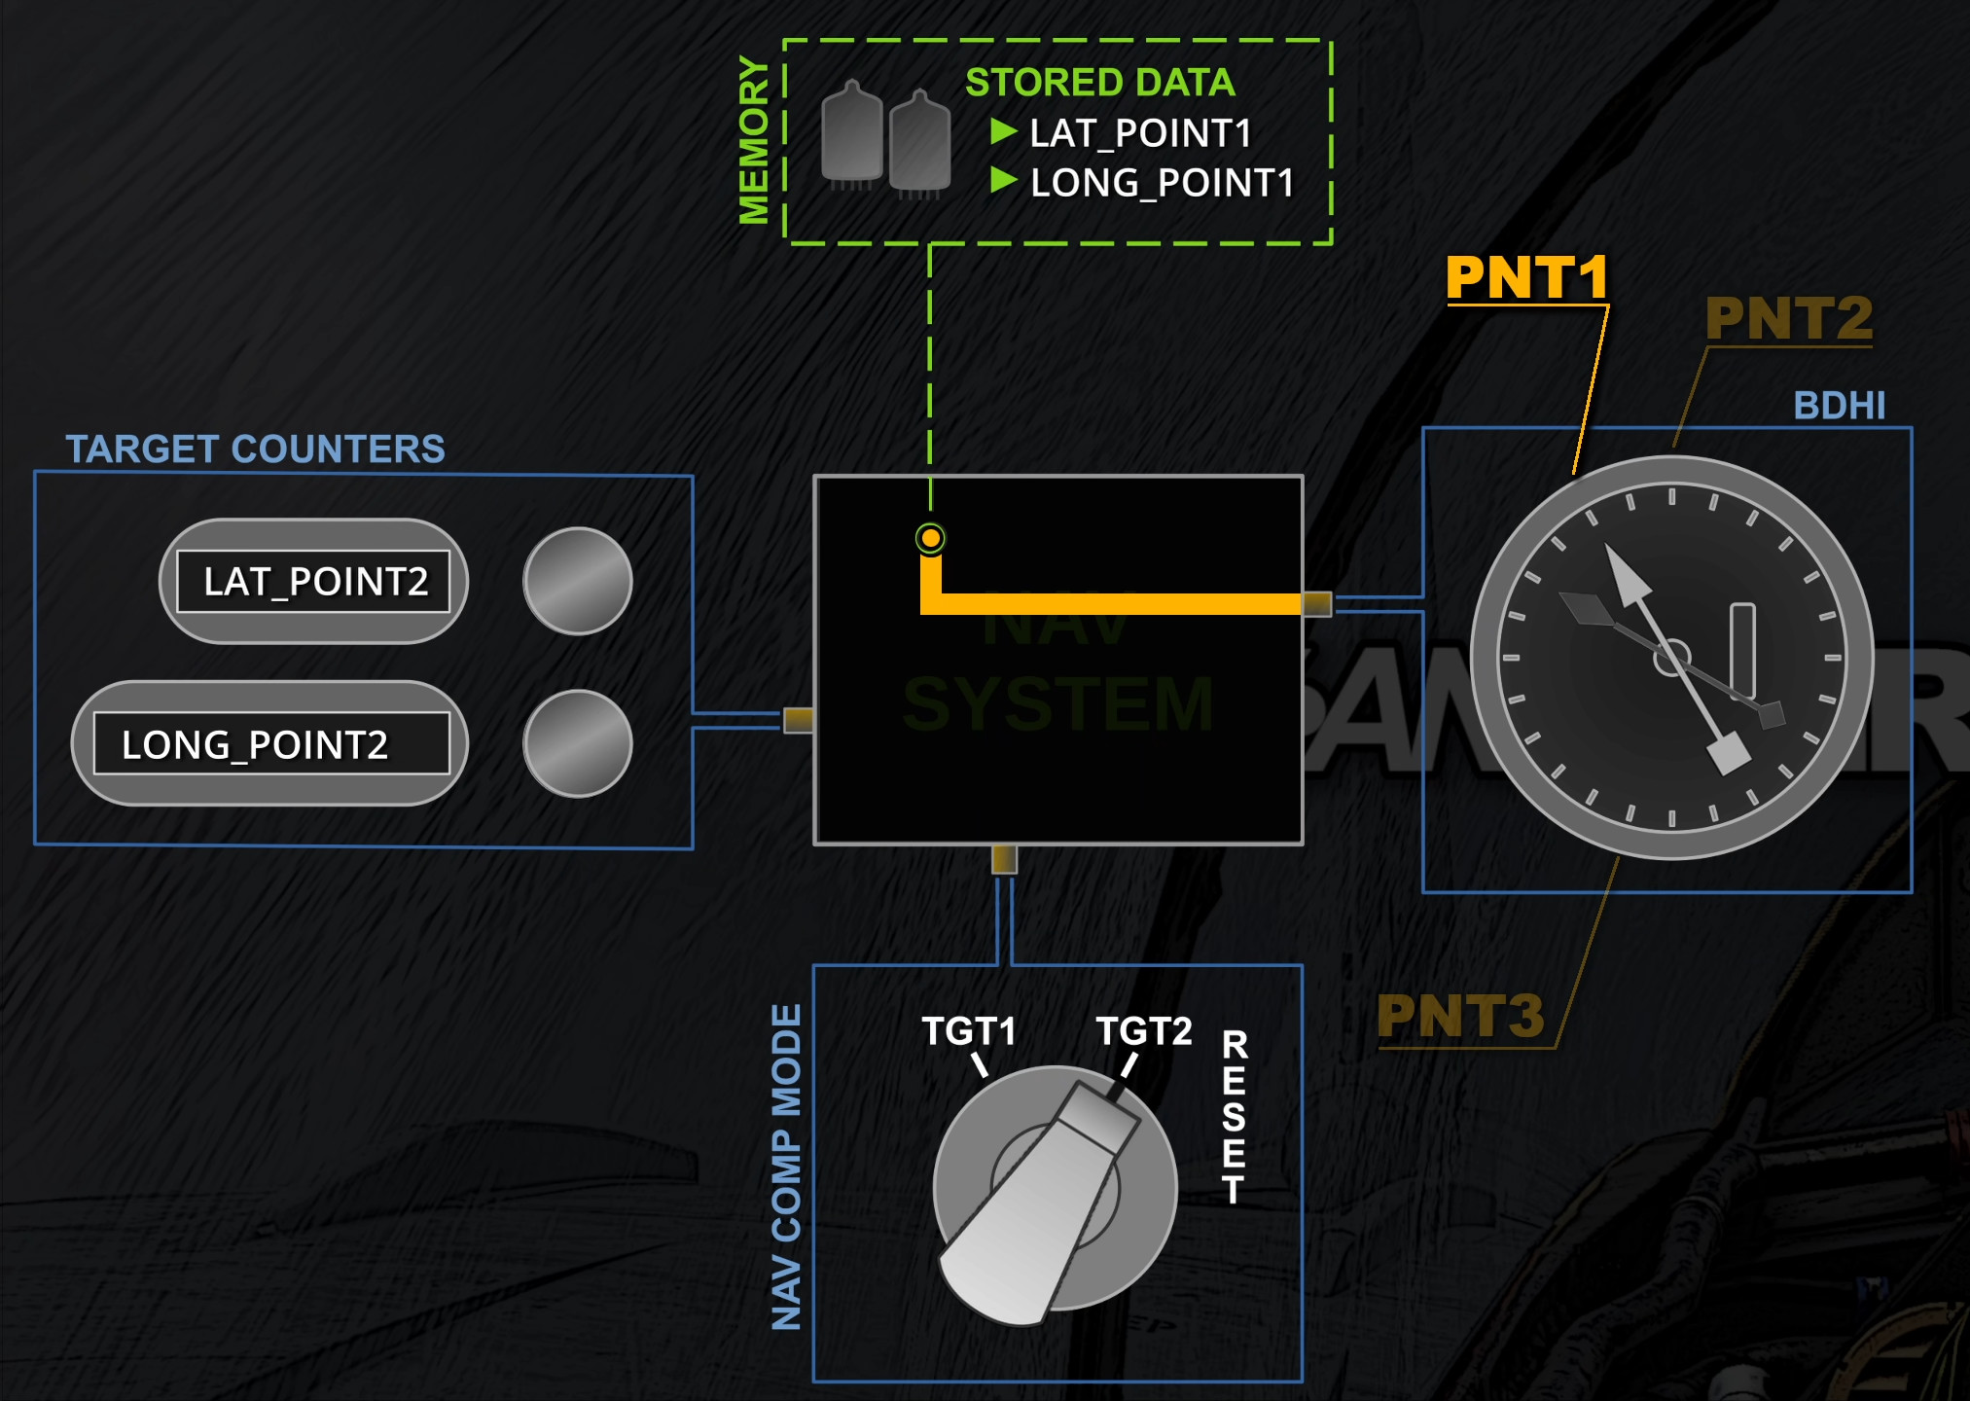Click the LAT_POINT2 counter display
313,582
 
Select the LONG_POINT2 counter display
271,744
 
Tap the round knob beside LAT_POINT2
578,582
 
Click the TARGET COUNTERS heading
255,449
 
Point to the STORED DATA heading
1099,83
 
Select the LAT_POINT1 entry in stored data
1140,133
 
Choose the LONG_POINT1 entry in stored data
1162,183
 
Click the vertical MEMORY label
754,140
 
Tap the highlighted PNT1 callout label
1526,278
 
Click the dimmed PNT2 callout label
1788,318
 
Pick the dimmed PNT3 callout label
1460,1017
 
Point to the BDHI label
1839,406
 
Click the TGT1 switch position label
969,1031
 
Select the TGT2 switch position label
1144,1031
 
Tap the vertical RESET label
1235,1117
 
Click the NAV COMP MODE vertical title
786,1167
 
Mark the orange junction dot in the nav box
931,538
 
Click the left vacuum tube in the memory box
851,134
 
